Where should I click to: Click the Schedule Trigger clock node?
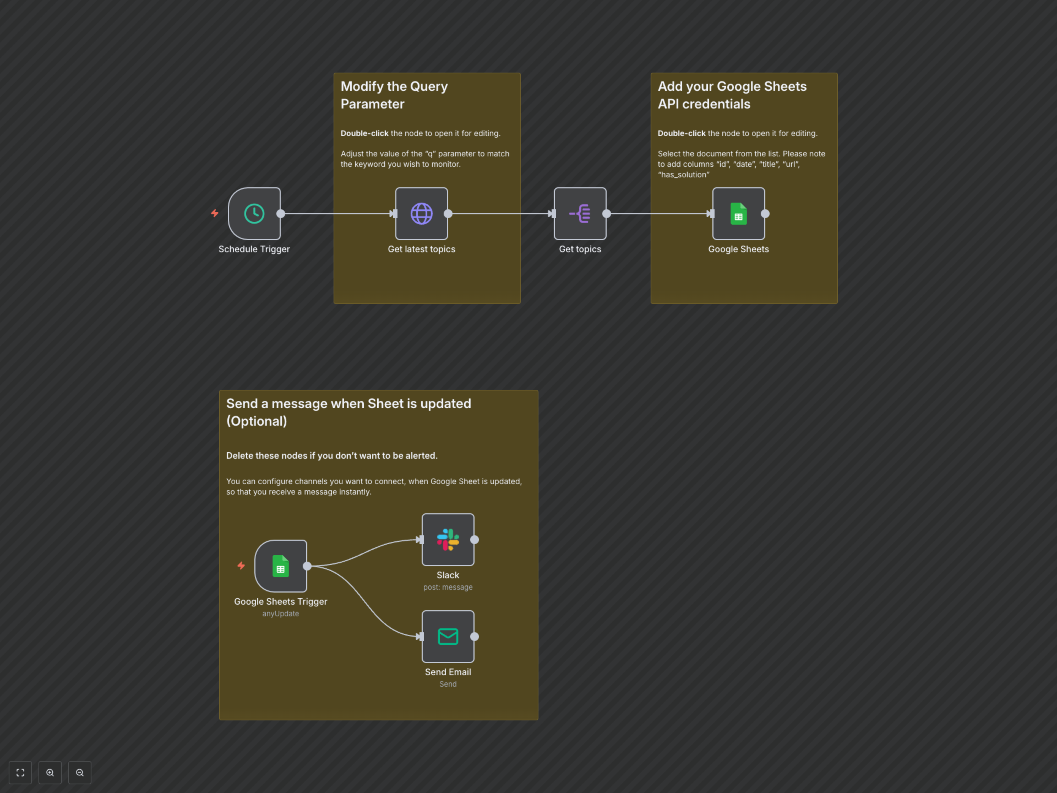(254, 214)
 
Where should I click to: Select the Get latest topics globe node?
(421, 214)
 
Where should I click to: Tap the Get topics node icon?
(580, 214)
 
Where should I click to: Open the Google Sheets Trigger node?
(280, 566)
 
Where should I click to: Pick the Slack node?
(448, 540)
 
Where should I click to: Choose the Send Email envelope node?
(448, 637)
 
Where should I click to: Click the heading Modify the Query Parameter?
(394, 95)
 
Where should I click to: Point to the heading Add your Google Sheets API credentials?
(732, 95)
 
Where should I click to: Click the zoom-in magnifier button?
(50, 772)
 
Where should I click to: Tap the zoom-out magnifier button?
(80, 772)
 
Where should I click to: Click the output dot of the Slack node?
(475, 540)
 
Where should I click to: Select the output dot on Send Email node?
(475, 637)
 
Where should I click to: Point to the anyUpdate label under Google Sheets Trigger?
(280, 614)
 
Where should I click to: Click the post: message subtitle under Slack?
(448, 588)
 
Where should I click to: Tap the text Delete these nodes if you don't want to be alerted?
(332, 455)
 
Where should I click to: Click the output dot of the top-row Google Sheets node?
(765, 214)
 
